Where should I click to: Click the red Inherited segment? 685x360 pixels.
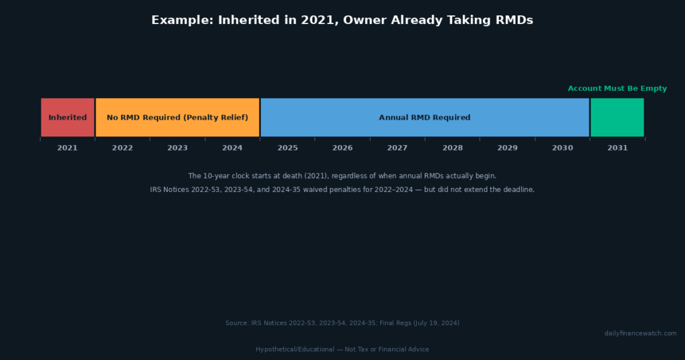[68, 118]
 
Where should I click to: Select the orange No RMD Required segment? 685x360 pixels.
[177, 118]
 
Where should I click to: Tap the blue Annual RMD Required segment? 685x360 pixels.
[425, 118]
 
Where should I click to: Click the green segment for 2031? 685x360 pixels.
[617, 118]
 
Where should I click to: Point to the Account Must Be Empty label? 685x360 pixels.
[617, 89]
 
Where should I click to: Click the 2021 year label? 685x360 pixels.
[68, 148]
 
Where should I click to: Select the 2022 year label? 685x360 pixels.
[122, 148]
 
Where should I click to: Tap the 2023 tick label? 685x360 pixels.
[177, 148]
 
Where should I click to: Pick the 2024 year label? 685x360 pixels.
[232, 148]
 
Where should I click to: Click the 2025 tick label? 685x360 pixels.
[288, 148]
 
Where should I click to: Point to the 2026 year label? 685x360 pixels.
[342, 148]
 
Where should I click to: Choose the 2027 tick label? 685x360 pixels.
[397, 148]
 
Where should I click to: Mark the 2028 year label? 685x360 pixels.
[453, 148]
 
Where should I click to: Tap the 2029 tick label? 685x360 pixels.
[508, 148]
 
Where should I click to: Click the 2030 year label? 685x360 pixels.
[563, 148]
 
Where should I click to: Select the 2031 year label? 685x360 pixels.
[617, 148]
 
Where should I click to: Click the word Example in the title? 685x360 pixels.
[183, 21]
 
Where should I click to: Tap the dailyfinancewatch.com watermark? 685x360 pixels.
[640, 333]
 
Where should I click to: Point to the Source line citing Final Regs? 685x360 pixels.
[342, 323]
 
